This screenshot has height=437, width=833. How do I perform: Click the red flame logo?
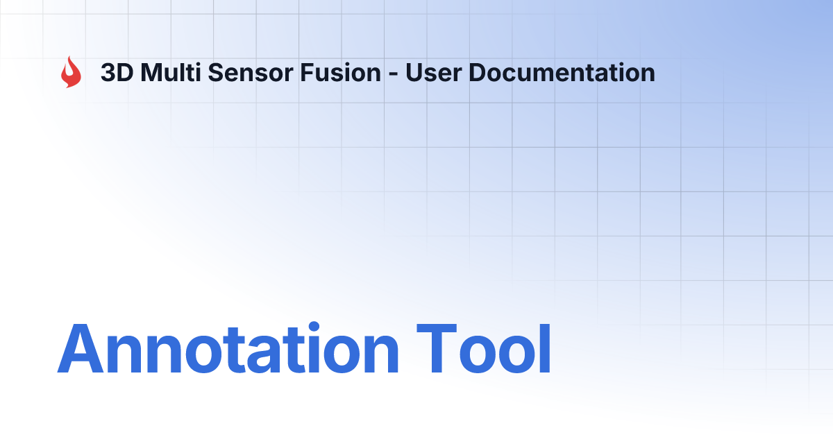(70, 72)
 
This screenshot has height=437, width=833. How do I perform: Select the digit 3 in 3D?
(108, 73)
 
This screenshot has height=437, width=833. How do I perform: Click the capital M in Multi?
(151, 73)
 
